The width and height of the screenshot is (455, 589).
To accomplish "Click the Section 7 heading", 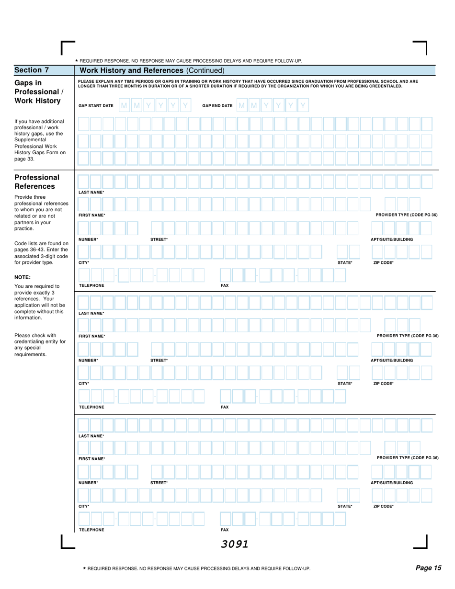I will click(32, 70).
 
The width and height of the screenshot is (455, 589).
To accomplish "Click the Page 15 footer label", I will click(428, 568).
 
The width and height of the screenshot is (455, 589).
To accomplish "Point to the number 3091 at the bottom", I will click(235, 544).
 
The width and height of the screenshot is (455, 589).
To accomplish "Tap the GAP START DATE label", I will click(96, 105).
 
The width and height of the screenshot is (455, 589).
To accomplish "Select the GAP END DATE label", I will click(217, 105).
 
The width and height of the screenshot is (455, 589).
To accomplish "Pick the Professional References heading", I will click(37, 181).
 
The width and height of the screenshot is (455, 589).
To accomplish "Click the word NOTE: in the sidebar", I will click(23, 277).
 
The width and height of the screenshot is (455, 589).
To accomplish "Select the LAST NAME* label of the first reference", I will click(91, 192).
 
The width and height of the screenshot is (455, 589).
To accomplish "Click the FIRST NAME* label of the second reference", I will click(91, 336).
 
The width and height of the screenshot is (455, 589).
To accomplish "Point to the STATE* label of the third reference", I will click(345, 506).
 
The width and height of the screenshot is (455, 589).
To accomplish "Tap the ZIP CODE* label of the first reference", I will click(383, 262).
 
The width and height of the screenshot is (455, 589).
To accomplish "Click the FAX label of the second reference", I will click(224, 407).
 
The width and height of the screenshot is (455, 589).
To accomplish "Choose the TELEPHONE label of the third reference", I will click(91, 530).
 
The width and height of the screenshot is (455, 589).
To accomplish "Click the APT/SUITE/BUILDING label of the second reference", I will click(392, 360).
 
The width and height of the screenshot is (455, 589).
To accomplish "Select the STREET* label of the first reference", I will click(159, 239).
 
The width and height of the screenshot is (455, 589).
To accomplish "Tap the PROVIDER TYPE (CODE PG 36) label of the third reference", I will click(408, 458).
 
